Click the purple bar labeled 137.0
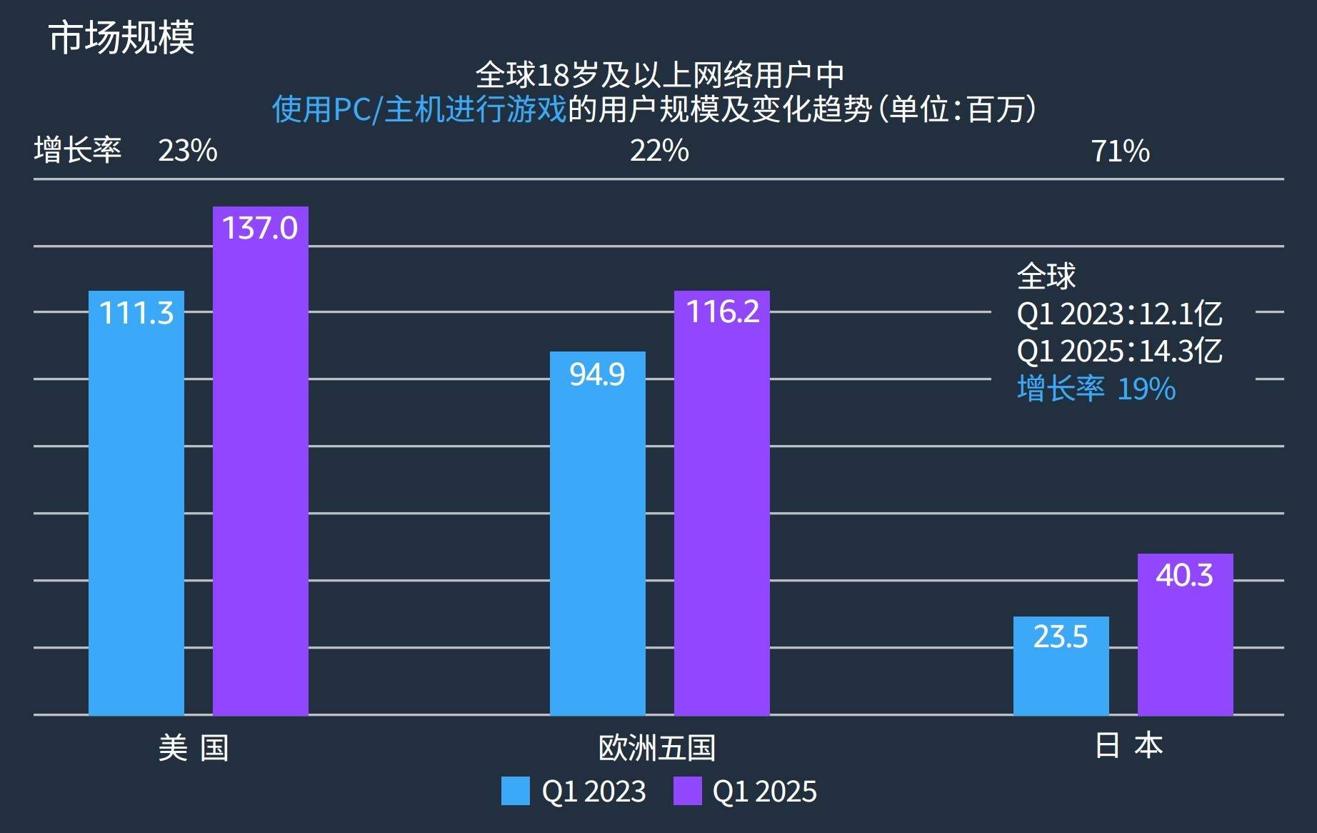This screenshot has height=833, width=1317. click(261, 461)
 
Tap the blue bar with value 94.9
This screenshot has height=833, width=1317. click(597, 533)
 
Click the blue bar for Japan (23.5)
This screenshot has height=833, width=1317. click(1061, 665)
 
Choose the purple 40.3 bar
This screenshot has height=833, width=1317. click(1185, 634)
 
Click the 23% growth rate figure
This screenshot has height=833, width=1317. click(188, 151)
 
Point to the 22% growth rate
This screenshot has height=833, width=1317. click(658, 151)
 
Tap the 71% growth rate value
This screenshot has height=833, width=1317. click(1120, 151)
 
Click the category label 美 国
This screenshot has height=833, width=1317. click(193, 748)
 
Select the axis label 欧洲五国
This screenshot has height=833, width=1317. click(656, 748)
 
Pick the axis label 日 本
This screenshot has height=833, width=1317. click(1128, 745)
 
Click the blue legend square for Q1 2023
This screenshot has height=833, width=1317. click(516, 791)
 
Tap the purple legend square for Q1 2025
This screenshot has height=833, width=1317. click(687, 791)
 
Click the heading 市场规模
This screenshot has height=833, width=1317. click(121, 37)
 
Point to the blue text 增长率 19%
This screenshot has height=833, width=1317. click(1096, 389)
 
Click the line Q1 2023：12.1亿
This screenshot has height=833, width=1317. click(1119, 314)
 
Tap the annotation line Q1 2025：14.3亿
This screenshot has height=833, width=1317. click(1119, 351)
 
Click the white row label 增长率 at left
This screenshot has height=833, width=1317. click(78, 151)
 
